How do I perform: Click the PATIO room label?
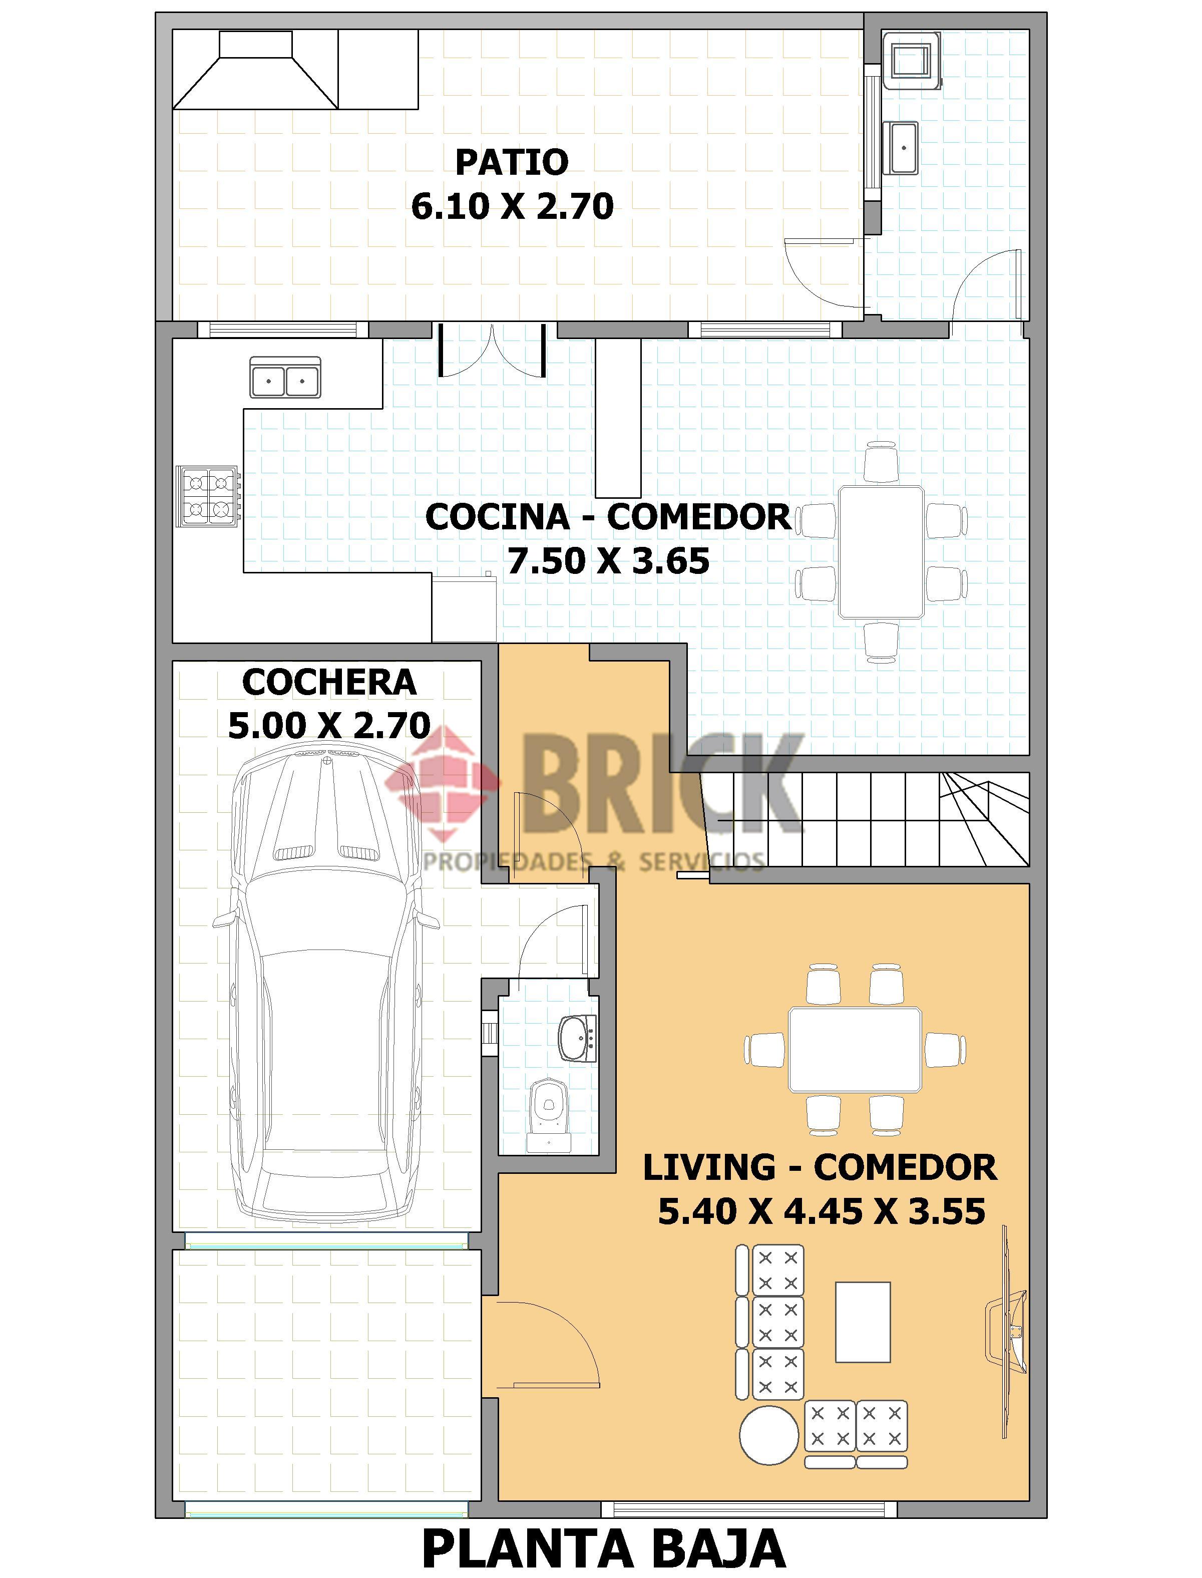point(512,162)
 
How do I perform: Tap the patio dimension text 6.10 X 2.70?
point(512,206)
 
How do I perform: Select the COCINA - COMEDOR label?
point(609,517)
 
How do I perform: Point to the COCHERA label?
point(329,682)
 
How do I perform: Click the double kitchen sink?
point(285,377)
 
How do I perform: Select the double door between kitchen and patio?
point(493,350)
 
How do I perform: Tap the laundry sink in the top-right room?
point(904,148)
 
